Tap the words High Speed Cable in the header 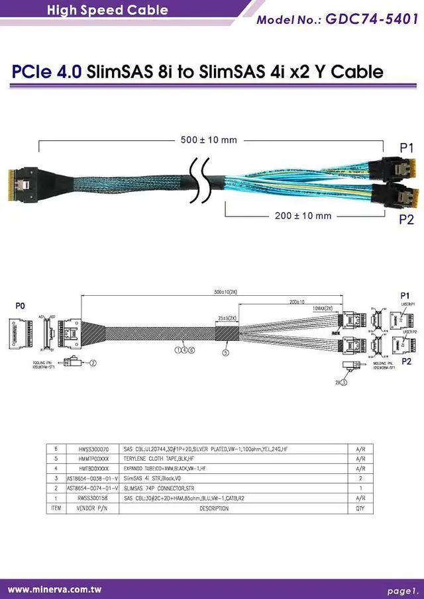tap(107, 10)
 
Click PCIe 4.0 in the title tap(46, 71)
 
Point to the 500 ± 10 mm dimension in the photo tap(209, 140)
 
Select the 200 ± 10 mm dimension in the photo tap(303, 216)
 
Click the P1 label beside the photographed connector tap(406, 148)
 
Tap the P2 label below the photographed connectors tap(406, 220)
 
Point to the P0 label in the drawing tap(20, 306)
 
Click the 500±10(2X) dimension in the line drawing tap(227, 292)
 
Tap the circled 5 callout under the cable tap(225, 353)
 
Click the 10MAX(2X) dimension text tap(323, 308)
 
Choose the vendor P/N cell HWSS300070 tap(93, 449)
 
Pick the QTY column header tap(360, 508)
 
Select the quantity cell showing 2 tap(360, 479)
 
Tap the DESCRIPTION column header tap(214, 508)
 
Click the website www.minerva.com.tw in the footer tap(54, 589)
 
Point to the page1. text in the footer tap(403, 590)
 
